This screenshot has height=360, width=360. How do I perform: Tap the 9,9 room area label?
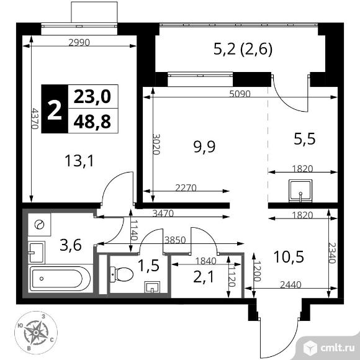pyautogui.click(x=202, y=146)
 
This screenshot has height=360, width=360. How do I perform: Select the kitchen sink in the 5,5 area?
pyautogui.click(x=300, y=191)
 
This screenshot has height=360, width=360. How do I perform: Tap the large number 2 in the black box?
pyautogui.click(x=55, y=109)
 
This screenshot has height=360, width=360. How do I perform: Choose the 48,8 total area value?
pyautogui.click(x=92, y=122)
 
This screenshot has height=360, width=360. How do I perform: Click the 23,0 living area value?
pyautogui.click(x=92, y=96)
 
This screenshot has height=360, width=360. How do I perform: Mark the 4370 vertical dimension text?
pyautogui.click(x=35, y=119)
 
